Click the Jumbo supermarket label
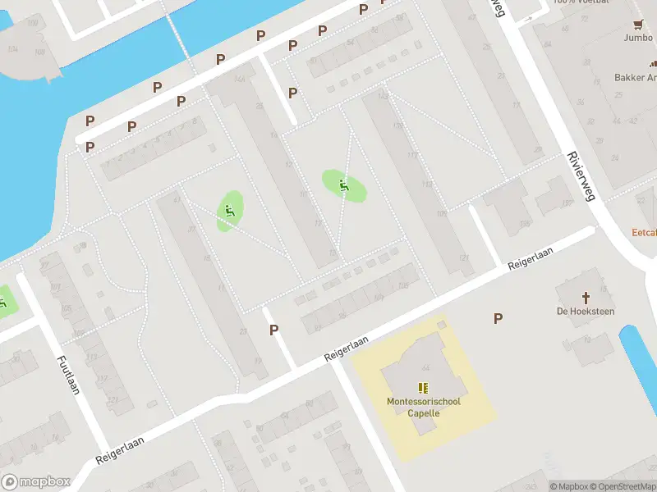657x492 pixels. point(638,37)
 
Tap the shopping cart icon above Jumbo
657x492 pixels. point(638,24)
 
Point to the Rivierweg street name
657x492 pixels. point(581,175)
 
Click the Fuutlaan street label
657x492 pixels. point(68,375)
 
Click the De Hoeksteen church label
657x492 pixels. point(586,312)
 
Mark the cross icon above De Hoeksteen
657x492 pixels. point(586,297)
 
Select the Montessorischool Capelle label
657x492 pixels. point(424,407)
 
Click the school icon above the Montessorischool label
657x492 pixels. point(424,388)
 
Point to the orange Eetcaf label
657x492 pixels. point(644,232)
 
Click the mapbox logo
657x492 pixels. point(36,482)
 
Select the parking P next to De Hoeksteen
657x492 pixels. point(498,318)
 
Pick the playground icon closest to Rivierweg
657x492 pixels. point(344,184)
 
